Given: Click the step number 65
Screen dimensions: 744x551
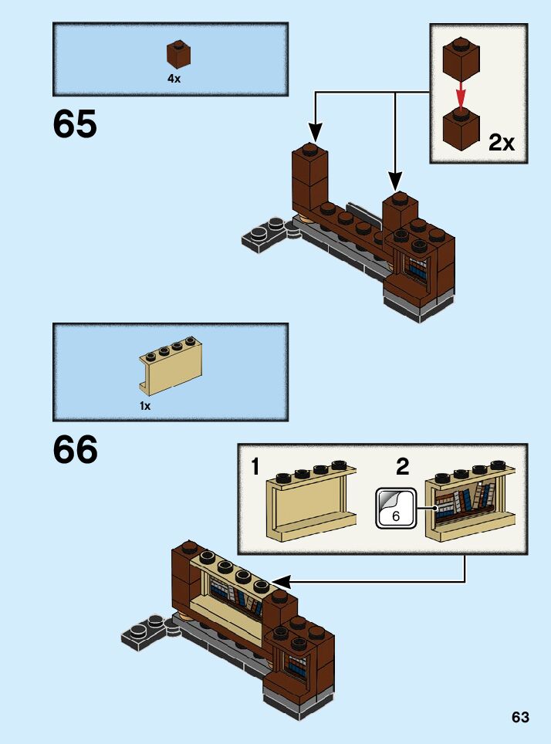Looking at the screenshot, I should coord(76,124).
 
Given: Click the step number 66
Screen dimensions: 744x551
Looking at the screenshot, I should coord(76,450).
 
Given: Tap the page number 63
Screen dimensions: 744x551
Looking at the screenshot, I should coord(520,717).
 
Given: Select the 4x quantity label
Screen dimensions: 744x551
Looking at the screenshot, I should coord(174,79).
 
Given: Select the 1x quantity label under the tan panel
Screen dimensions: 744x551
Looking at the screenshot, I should coord(145,405).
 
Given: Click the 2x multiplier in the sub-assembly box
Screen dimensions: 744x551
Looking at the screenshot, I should coord(502,143).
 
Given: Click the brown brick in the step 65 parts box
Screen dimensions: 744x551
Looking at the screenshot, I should coord(178,56).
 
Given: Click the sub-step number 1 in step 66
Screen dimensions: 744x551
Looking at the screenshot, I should coord(255,467).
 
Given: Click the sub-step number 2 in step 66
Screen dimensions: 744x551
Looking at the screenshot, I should coord(402,467).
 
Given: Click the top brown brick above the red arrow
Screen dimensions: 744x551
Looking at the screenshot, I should coord(461,63).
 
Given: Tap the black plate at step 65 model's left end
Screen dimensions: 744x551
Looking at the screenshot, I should coord(266,232).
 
